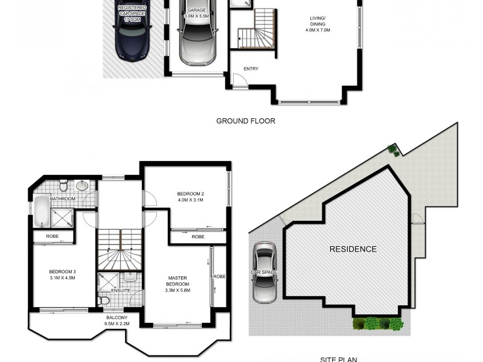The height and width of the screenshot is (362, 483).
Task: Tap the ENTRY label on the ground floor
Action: (x=251, y=69)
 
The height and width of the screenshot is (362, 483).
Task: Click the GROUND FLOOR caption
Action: (x=246, y=121)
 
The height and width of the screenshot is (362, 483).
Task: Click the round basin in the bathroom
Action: (x=84, y=185)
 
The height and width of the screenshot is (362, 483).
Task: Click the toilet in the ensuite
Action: (x=103, y=299)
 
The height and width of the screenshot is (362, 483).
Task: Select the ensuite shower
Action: (x=110, y=281)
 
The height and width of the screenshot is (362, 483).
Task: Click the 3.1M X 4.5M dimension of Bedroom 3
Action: (x=62, y=279)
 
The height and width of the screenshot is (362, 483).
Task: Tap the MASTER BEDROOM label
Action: (x=178, y=281)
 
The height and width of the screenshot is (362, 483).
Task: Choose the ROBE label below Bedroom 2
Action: (x=197, y=237)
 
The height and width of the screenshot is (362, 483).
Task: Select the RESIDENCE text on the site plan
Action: (x=353, y=249)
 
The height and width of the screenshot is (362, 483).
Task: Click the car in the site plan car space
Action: (x=264, y=272)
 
